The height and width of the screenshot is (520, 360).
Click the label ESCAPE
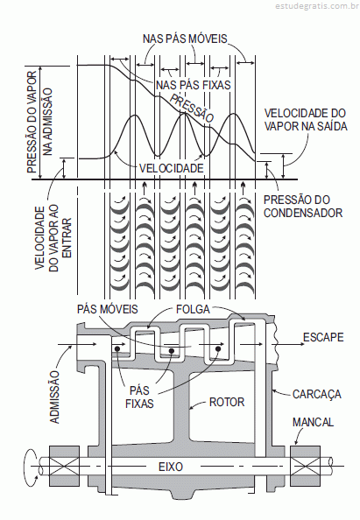point(323,337)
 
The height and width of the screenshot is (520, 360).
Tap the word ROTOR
point(227,402)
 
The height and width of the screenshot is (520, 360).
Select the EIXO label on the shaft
point(171,467)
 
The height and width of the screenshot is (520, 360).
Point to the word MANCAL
point(313,422)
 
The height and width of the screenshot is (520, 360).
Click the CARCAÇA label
point(317,394)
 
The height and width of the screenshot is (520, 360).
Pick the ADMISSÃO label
point(55,397)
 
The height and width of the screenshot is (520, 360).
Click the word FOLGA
point(193,309)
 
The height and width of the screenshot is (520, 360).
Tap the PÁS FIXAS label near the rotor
point(139,397)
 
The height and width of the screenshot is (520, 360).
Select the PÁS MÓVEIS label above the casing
point(108,309)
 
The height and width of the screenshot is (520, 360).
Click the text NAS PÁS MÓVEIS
point(185,39)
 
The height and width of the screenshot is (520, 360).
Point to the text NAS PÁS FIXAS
point(194,85)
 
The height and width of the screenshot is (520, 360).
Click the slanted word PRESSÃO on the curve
point(192,108)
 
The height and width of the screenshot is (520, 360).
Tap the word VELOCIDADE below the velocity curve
point(171,168)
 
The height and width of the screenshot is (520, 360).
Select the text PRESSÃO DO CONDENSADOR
point(303,206)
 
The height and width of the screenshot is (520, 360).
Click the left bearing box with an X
point(64,466)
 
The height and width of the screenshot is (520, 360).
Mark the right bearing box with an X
point(305,466)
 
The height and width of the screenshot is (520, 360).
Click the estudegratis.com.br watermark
point(317,5)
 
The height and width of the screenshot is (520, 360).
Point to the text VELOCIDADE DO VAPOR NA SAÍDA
point(306,119)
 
